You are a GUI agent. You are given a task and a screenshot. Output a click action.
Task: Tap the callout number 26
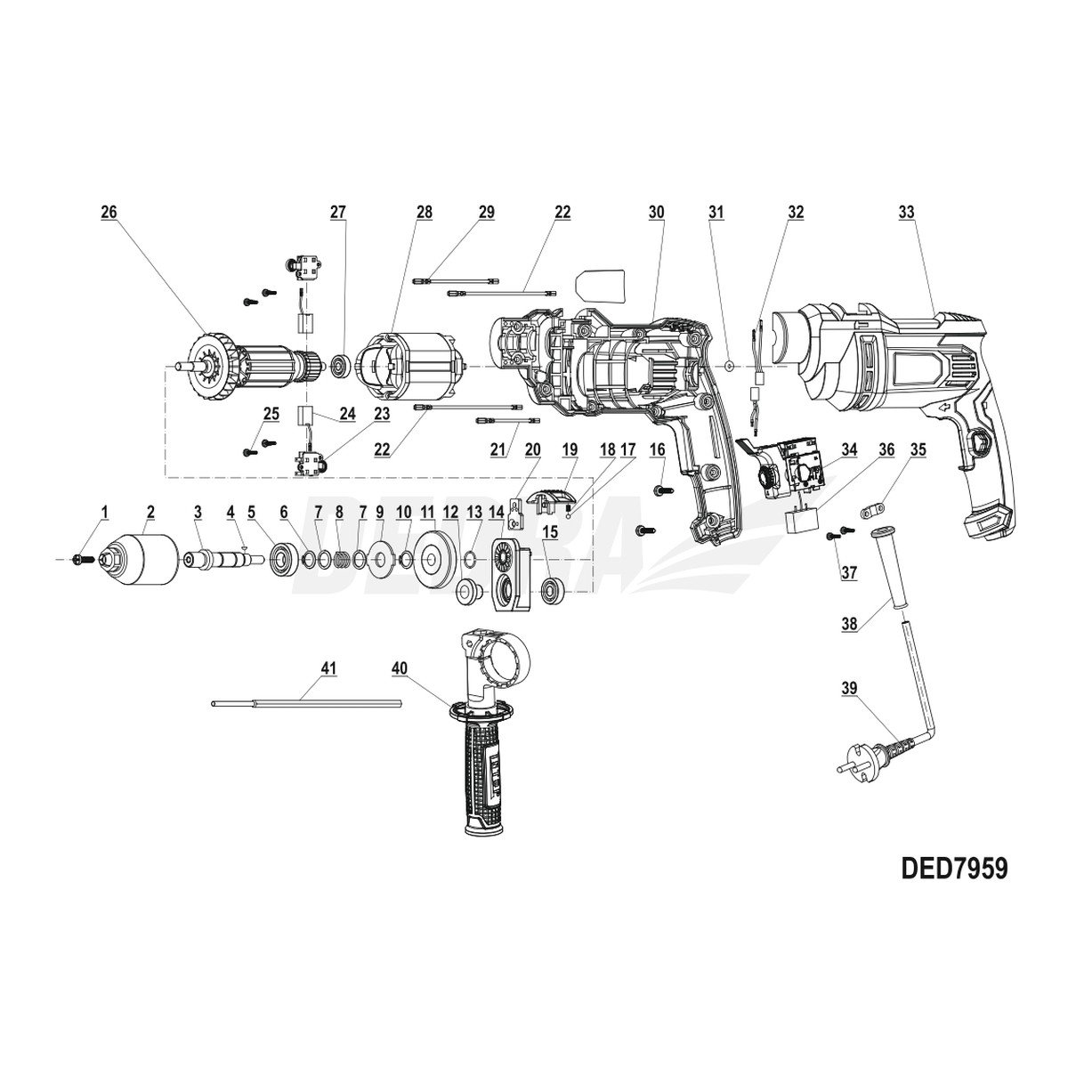[109, 213]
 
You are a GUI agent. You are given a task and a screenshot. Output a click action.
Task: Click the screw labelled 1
[78, 558]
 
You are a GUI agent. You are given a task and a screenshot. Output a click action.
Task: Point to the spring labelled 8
[339, 559]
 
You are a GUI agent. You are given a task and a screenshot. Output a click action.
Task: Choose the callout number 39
[850, 688]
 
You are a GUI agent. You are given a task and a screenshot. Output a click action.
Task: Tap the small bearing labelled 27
[339, 365]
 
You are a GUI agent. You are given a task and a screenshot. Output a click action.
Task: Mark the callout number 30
[657, 213]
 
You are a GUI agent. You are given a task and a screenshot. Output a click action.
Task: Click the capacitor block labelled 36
[801, 521]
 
